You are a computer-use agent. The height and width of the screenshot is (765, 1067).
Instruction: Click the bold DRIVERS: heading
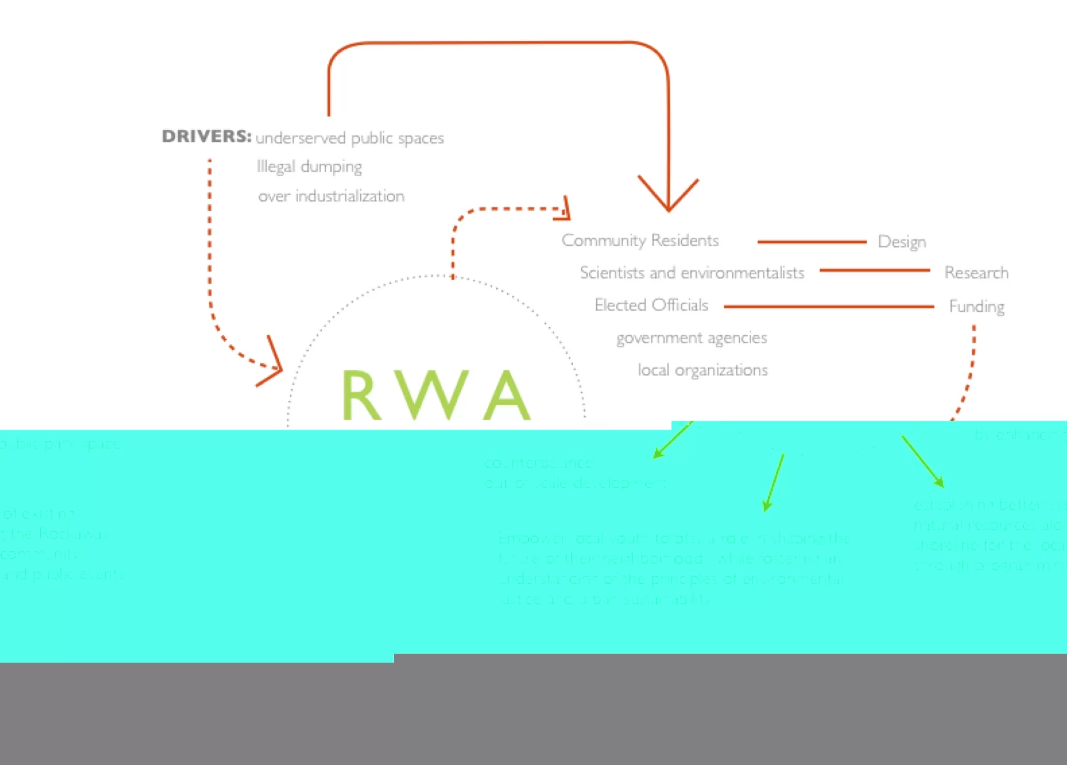click(206, 136)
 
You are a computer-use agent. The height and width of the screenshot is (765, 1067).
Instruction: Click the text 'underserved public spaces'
click(350, 138)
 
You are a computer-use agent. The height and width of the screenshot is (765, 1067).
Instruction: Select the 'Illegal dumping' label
click(309, 167)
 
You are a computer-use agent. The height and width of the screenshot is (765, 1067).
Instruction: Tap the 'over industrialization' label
click(331, 196)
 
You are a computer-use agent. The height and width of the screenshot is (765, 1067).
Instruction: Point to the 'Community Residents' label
click(640, 241)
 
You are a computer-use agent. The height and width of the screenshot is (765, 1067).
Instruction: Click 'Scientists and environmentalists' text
click(692, 273)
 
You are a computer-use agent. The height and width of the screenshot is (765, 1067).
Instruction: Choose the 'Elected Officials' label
click(651, 306)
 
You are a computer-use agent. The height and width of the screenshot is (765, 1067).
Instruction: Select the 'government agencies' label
click(692, 338)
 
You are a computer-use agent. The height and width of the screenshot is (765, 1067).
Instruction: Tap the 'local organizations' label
click(703, 370)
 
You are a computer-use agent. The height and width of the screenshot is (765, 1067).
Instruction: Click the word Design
click(901, 242)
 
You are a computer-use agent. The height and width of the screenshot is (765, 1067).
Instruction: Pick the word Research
click(976, 273)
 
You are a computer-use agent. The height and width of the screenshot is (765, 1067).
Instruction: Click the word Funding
click(977, 307)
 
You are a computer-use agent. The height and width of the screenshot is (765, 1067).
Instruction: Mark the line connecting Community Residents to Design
click(811, 242)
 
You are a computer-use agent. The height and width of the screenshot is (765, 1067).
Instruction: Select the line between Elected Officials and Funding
click(828, 307)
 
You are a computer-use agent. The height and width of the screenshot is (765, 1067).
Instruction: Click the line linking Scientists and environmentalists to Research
click(874, 270)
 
